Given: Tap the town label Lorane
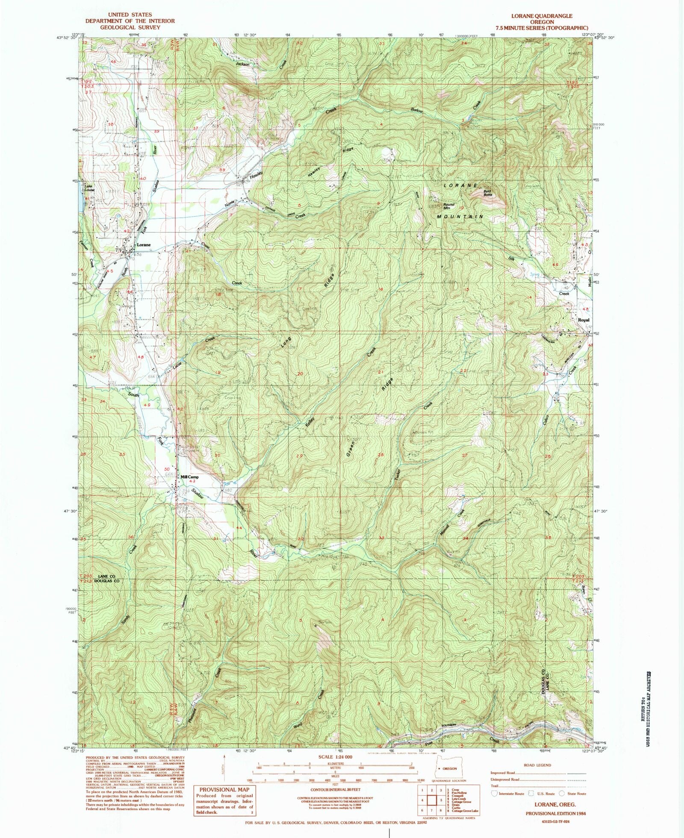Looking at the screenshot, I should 143,245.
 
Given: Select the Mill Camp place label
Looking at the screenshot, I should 189,477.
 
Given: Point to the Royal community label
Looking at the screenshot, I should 584,320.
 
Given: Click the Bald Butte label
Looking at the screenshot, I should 488,193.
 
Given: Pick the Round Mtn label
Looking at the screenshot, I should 448,206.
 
